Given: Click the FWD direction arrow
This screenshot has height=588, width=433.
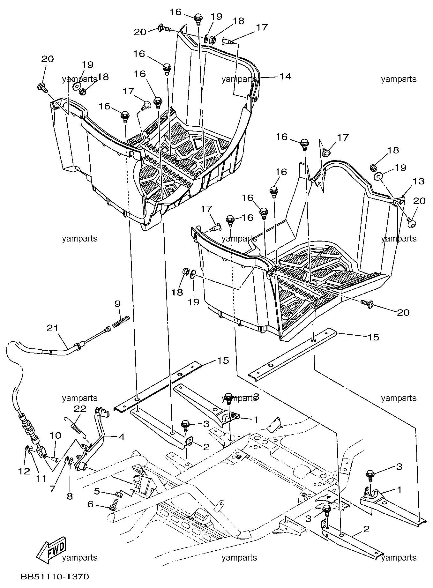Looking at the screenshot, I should click(51, 552).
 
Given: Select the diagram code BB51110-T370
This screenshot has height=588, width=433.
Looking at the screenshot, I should click(55, 577).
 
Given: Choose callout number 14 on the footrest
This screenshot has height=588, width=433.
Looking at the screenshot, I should click(286, 76).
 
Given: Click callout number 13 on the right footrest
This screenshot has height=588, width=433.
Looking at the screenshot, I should click(419, 181).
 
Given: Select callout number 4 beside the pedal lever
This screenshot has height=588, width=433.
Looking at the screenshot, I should click(122, 437).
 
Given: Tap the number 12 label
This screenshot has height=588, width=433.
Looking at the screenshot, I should click(24, 471).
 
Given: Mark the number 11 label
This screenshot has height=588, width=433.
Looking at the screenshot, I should click(41, 479).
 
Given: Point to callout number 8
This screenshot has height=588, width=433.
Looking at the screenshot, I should click(70, 496).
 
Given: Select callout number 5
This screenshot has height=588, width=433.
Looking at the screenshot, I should click(97, 492).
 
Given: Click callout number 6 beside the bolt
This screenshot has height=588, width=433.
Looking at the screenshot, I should click(90, 504).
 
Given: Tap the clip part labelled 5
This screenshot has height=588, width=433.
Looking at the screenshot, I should click(118, 494).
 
